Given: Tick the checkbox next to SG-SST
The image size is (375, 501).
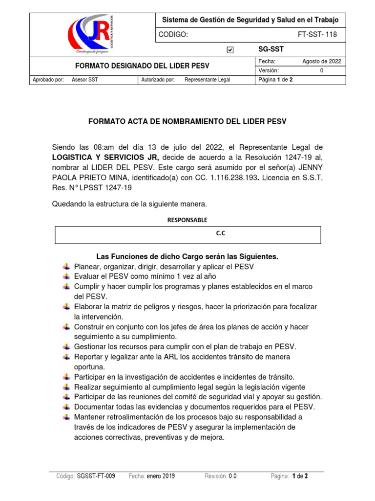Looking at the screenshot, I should point(230,50).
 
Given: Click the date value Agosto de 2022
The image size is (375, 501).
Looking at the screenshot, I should point(322,62).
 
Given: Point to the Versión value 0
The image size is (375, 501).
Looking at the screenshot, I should point(321,70).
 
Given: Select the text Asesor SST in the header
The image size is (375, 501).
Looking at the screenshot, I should point(84,80).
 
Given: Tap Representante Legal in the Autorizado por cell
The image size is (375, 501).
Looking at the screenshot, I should point(207,80).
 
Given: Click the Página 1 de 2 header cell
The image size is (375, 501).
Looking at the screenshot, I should point(275,80).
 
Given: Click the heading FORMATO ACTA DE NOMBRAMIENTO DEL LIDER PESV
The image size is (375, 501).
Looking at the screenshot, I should point(187,121).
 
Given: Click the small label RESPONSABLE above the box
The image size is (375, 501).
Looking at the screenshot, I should point(187,220).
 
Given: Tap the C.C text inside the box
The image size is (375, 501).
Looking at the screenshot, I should point(221,234).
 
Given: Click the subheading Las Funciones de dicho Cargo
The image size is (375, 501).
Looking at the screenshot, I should point(187,256).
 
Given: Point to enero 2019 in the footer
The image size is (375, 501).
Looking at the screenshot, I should point(161,476).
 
